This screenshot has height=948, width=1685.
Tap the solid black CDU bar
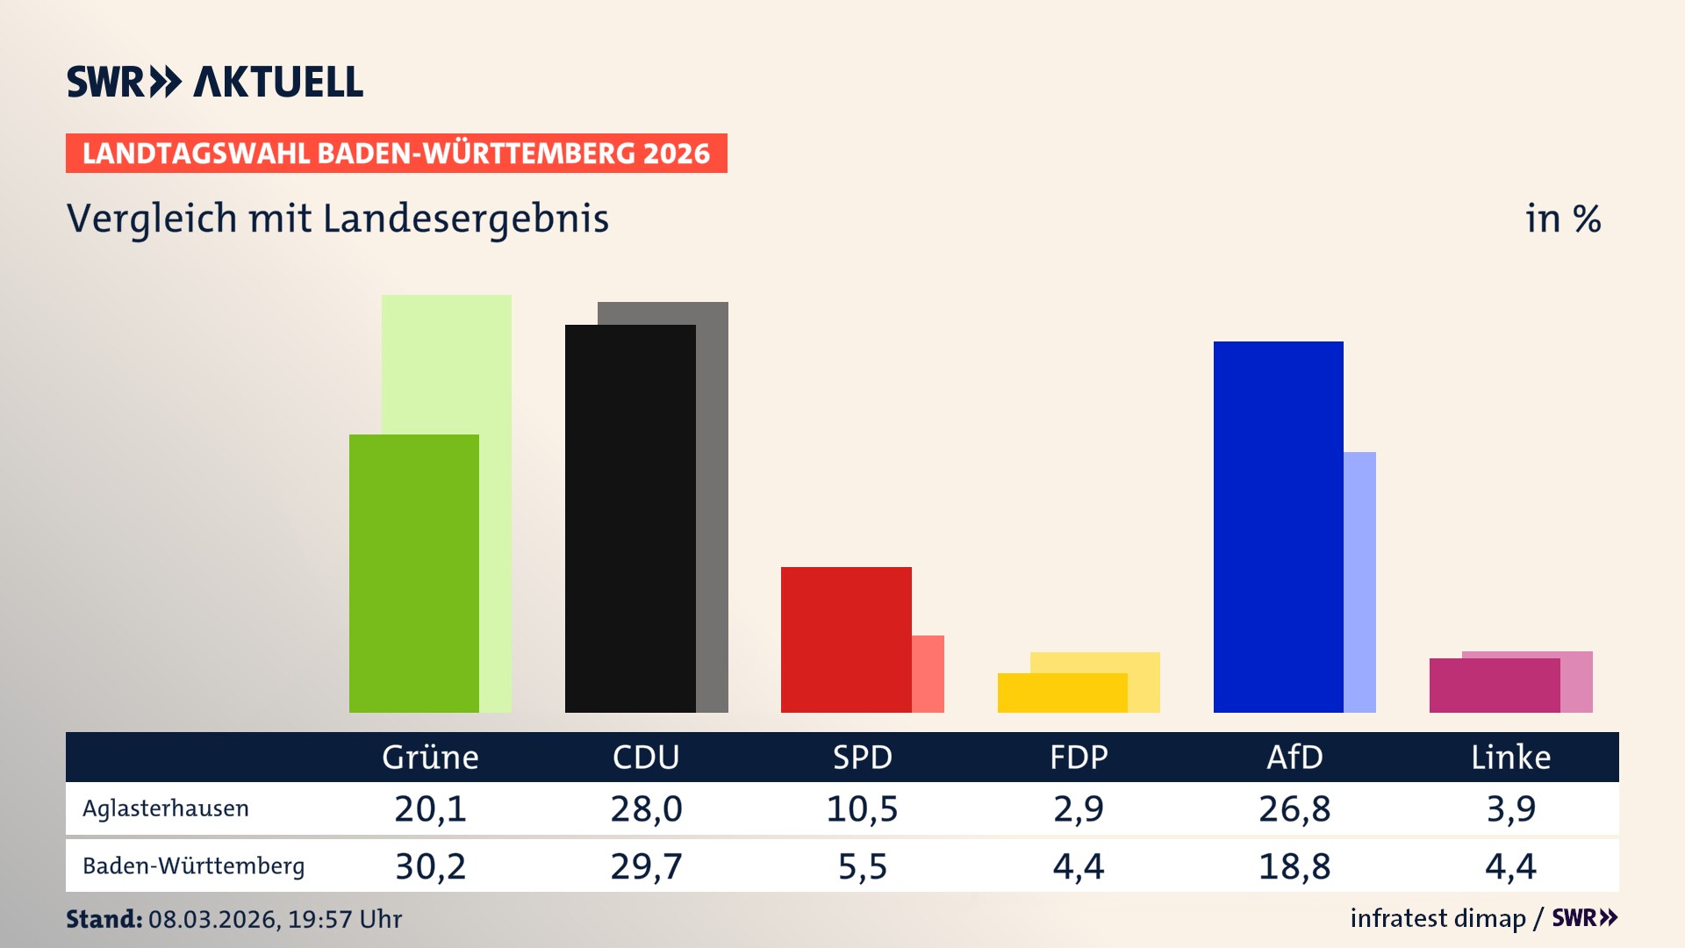(630, 518)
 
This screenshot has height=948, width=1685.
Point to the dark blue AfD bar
(1278, 527)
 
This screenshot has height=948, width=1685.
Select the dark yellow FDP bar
(1062, 693)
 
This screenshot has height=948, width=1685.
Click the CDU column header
(646, 758)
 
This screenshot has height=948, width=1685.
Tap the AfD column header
(1294, 758)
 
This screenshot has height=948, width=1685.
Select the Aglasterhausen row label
(166, 808)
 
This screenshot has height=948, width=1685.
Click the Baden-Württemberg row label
(193, 866)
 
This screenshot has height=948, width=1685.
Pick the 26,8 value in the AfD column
(1294, 808)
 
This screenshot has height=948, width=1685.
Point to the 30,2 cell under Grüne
(430, 866)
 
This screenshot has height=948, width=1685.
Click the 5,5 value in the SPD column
(863, 866)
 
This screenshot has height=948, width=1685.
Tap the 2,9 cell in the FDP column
(1079, 808)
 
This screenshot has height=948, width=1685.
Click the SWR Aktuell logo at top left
(215, 82)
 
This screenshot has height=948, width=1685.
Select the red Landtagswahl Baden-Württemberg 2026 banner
(396, 154)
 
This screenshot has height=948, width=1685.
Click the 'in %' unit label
(1562, 219)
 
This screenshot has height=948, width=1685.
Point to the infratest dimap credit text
(1438, 918)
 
